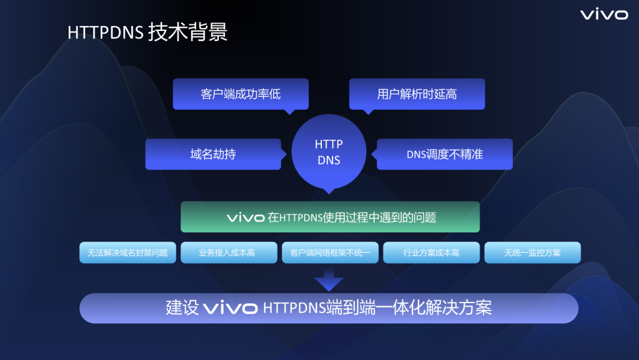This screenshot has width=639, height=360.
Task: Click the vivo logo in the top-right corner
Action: click(603, 14)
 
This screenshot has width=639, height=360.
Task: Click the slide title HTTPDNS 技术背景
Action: click(147, 32)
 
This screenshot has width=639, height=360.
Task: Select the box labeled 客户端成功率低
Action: click(241, 94)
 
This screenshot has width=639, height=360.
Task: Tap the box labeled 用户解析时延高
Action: click(417, 94)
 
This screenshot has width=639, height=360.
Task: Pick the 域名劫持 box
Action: click(213, 154)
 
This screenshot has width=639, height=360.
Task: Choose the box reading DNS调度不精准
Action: click(445, 154)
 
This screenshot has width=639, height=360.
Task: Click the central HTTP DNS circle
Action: click(329, 152)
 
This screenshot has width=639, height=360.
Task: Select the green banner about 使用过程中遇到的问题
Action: click(330, 217)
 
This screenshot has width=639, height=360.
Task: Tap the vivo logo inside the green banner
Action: click(246, 218)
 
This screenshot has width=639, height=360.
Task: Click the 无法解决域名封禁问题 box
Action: click(128, 253)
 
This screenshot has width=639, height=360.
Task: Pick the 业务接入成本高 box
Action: click(229, 253)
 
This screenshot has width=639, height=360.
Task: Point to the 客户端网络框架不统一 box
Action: click(330, 253)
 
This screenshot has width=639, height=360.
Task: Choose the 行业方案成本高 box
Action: click(431, 253)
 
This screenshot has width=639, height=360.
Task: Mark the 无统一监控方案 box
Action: click(532, 253)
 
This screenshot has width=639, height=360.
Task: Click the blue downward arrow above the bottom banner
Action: click(329, 279)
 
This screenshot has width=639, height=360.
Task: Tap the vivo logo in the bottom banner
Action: click(230, 308)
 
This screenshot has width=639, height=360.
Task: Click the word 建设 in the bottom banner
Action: click(182, 308)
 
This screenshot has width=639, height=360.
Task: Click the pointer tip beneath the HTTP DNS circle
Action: click(329, 191)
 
